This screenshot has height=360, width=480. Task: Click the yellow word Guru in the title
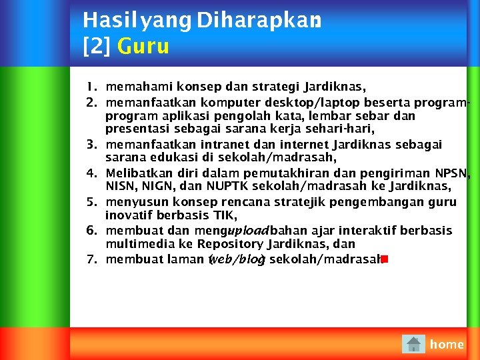pyautogui.click(x=143, y=46)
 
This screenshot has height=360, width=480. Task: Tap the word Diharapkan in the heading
pyautogui.click(x=259, y=21)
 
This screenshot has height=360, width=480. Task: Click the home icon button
pyautogui.click(x=414, y=344)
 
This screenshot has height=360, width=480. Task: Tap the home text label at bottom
pyautogui.click(x=447, y=344)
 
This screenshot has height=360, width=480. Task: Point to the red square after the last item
pyautogui.click(x=385, y=259)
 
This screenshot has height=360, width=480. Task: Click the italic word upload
pyautogui.click(x=248, y=231)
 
